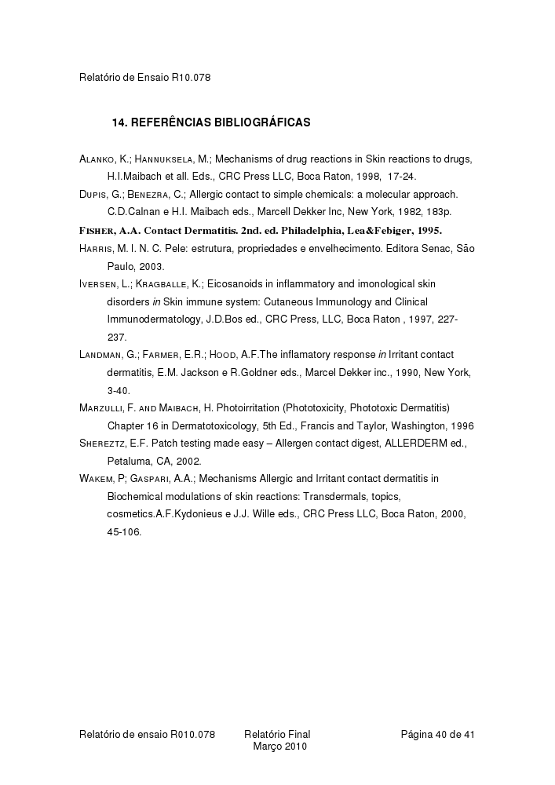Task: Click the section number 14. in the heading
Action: coord(120,122)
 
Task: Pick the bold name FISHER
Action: coord(97,230)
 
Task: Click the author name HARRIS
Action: coord(96,249)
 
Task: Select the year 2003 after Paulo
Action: coord(150,266)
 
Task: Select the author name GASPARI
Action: coord(150,478)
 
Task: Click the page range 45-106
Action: coord(125,531)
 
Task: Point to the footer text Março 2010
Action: coord(279,747)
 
